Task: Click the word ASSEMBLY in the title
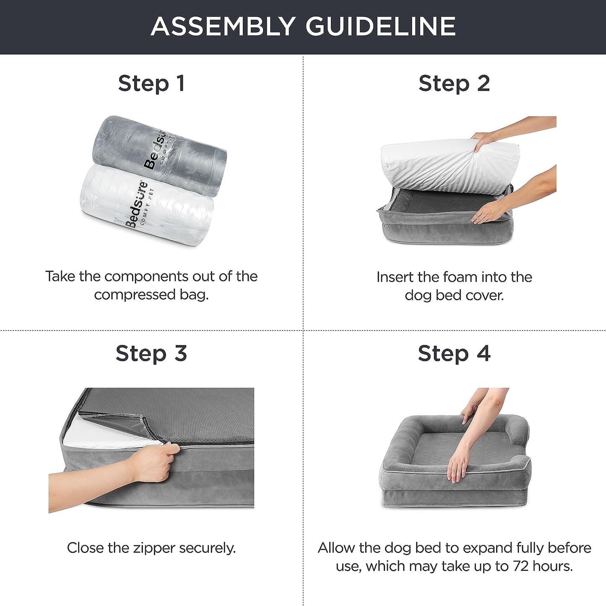pos(223,26)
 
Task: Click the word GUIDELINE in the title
pos(380,26)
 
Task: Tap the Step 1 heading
pos(151,83)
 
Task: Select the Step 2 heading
pos(454,83)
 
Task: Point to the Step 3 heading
pos(151,353)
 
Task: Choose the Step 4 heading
pos(454,353)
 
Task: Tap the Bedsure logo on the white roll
pos(136,205)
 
